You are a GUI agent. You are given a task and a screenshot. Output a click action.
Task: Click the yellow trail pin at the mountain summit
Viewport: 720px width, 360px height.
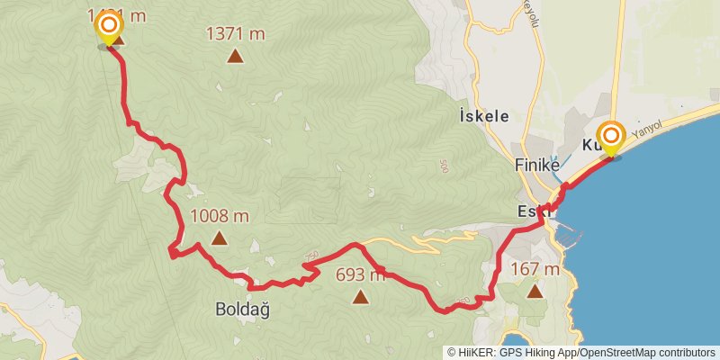[x=109, y=26]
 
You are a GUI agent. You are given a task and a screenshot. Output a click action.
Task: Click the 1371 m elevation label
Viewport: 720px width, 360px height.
[x=236, y=34]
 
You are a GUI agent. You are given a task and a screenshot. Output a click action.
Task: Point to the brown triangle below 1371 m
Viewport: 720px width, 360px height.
[x=236, y=57]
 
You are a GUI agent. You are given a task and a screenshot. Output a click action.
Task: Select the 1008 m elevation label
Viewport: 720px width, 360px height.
[x=220, y=216]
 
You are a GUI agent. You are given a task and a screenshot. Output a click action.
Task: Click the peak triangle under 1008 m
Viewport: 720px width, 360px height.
[x=219, y=238]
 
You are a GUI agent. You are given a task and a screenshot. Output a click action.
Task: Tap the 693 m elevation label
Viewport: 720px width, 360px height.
[x=360, y=275]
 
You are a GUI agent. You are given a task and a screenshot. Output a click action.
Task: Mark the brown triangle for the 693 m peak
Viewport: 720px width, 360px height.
[x=360, y=296]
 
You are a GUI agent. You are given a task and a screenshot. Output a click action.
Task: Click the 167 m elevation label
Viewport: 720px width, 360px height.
[x=535, y=269]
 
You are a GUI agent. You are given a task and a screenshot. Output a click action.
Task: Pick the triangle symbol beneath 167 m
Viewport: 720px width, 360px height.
[x=535, y=291]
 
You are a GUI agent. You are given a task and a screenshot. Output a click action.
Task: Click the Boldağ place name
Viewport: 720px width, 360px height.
[x=242, y=309]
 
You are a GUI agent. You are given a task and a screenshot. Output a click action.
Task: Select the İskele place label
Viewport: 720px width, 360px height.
[x=484, y=116]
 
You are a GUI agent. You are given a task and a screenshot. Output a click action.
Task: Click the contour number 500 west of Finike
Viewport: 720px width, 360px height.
[x=444, y=166]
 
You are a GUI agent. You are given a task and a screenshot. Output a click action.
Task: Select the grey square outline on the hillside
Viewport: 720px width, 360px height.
[x=308, y=200]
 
